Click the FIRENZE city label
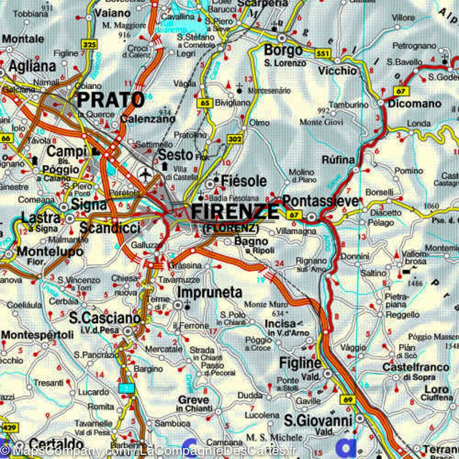(x=234, y=212)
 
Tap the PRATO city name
(x=111, y=100)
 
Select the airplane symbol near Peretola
(x=145, y=175)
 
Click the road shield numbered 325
(x=89, y=45)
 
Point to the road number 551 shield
(x=323, y=54)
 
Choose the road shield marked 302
(x=234, y=140)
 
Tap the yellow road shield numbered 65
(x=205, y=103)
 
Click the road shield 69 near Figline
(x=348, y=400)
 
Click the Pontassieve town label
(x=321, y=201)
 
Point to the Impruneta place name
(x=210, y=293)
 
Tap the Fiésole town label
(x=244, y=181)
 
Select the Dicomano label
(x=414, y=104)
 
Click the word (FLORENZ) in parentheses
(x=230, y=229)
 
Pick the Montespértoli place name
(x=37, y=335)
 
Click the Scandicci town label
(x=110, y=228)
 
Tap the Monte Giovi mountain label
(x=321, y=122)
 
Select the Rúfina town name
(x=338, y=160)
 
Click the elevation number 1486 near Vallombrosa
(x=415, y=283)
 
